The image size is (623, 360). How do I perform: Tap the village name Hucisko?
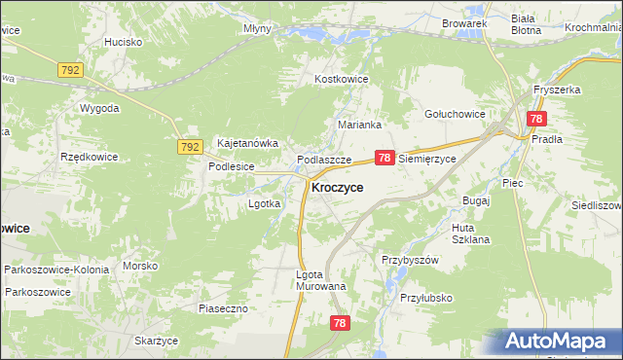tap(124, 42)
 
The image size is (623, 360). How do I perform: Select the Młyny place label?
tap(257, 29)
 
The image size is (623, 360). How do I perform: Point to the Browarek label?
tap(463, 22)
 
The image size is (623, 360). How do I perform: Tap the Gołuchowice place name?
tap(455, 114)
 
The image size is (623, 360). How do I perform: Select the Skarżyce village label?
tap(156, 341)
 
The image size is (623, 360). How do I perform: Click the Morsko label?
tap(140, 266)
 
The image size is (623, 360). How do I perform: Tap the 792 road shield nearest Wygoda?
tap(70, 71)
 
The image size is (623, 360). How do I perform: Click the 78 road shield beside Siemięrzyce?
tap(385, 158)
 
